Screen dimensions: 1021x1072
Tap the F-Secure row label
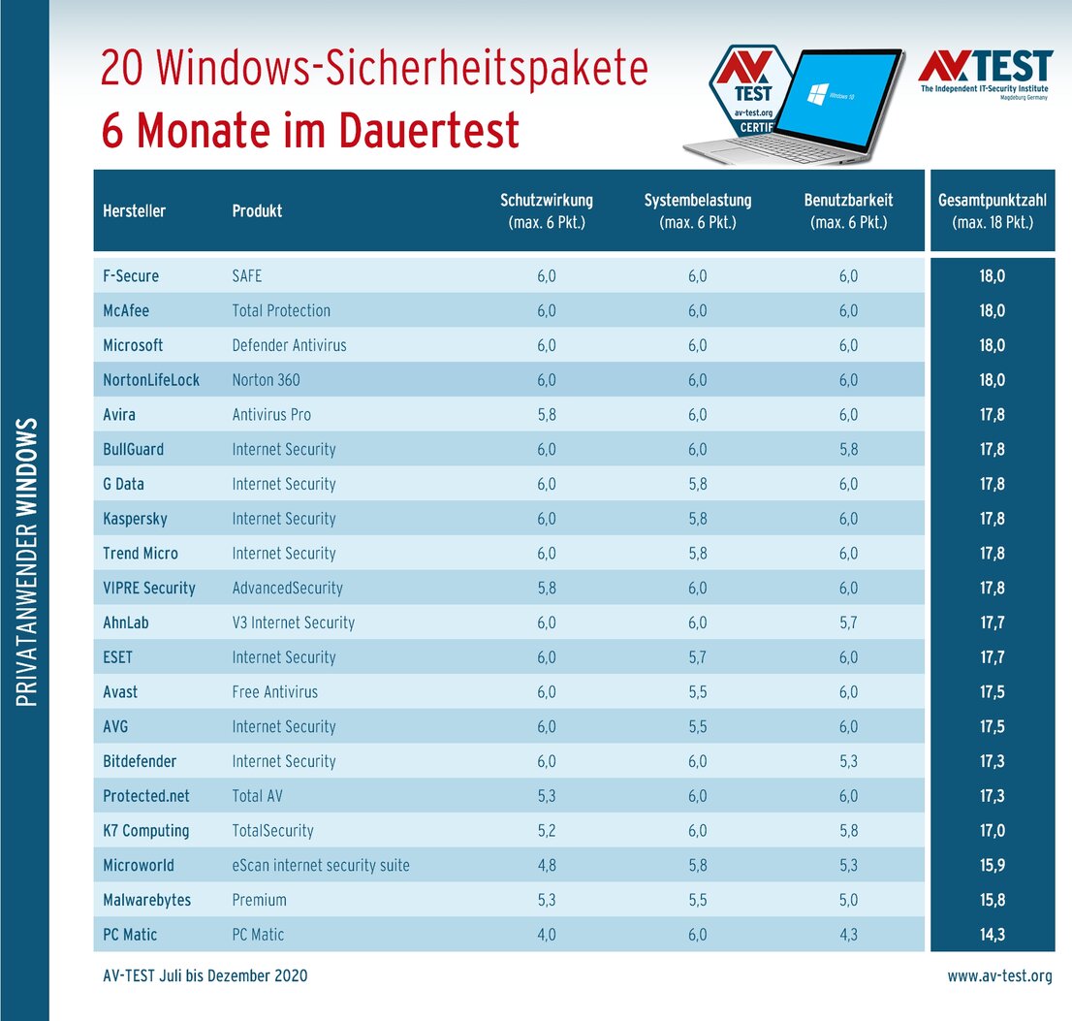(131, 276)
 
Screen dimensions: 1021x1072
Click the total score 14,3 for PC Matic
(992, 935)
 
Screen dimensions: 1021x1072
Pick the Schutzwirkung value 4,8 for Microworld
(546, 865)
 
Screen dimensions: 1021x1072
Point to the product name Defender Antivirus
(289, 345)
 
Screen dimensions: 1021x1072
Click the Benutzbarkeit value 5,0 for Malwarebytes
(848, 900)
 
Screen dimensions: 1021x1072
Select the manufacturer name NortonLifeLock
(151, 380)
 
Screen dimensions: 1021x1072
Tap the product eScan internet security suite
(321, 865)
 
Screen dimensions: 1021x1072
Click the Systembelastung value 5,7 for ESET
(697, 657)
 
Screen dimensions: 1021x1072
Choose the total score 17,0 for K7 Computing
(992, 831)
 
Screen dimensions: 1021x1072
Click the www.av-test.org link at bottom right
(999, 976)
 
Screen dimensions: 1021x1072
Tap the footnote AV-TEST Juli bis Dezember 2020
(205, 976)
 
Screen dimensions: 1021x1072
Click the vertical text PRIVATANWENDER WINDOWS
(27, 562)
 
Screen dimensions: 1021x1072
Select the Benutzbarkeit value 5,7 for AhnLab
(848, 622)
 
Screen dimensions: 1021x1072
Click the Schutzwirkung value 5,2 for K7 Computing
(546, 831)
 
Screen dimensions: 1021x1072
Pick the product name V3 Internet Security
(294, 622)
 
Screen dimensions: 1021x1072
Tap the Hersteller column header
(134, 210)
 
